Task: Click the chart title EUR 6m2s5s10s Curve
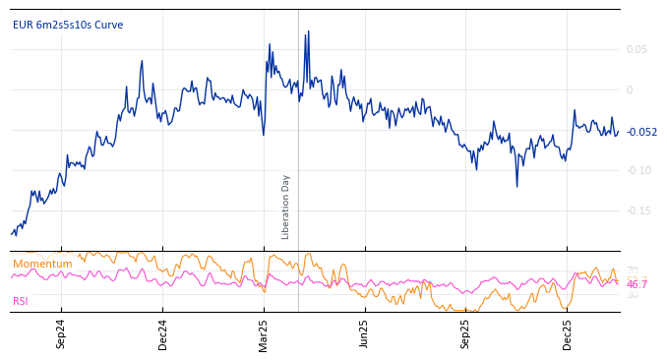coord(68,25)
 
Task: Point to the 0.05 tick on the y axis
coord(637,49)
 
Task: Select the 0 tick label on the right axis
coord(630,90)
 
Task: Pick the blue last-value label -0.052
coord(641,132)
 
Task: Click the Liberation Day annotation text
coord(286,207)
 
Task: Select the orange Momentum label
coord(42,264)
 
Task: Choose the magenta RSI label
coord(21,301)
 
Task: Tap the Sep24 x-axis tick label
coord(61,333)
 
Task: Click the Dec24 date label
coord(162,333)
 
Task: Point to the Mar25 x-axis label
coord(264,333)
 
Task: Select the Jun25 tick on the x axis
coord(364,333)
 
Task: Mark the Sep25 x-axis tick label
coord(465,333)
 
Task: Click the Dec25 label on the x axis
coord(567,333)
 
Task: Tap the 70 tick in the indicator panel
coord(632,270)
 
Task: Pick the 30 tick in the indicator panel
coord(632,295)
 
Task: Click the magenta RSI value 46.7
coord(637,284)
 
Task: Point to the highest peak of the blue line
coord(308,31)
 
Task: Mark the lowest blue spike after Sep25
coord(516,186)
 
